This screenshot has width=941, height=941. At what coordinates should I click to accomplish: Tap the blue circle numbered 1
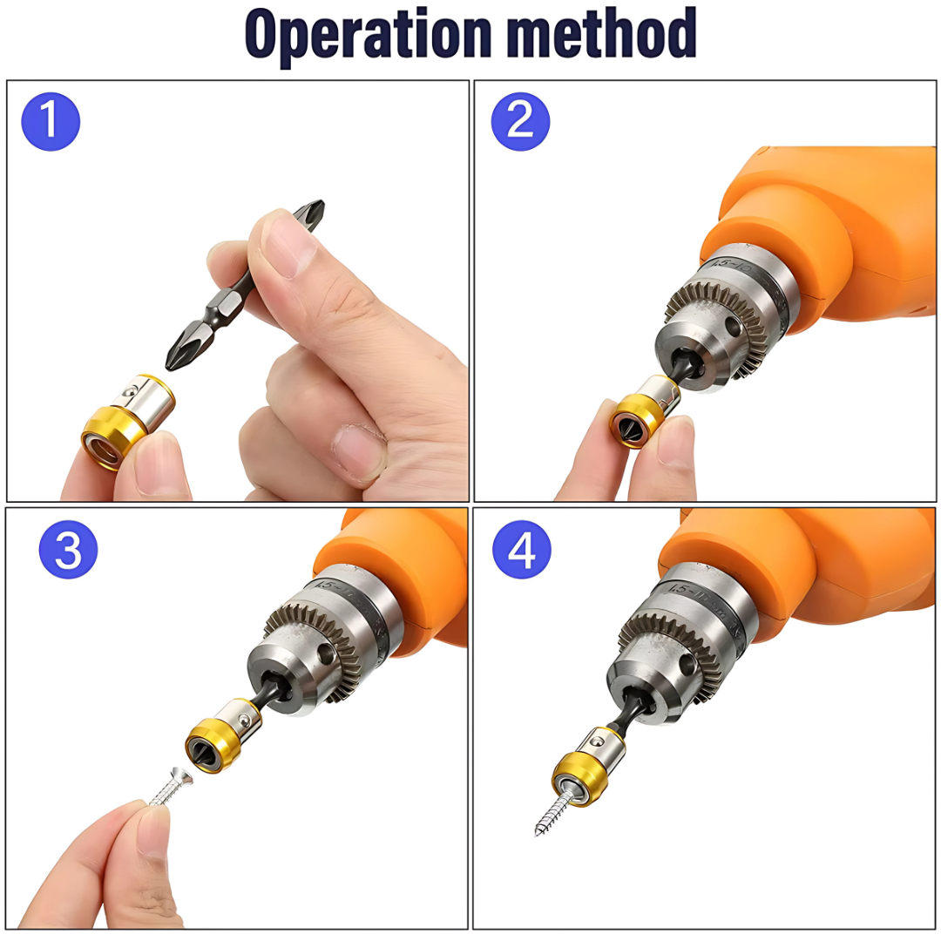tap(51, 121)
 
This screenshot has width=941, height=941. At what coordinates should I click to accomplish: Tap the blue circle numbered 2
tap(520, 120)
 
